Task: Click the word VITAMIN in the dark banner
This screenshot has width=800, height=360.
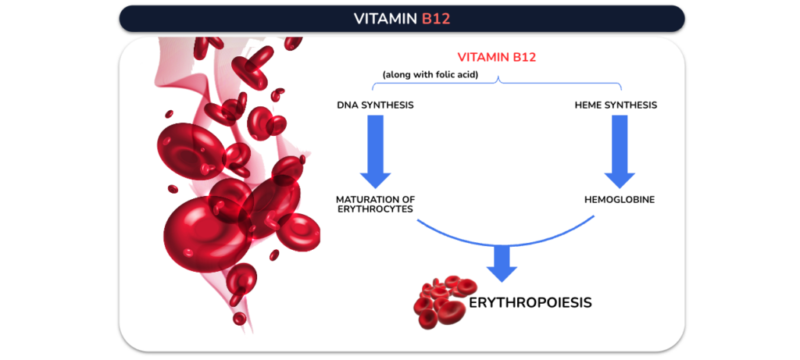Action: pyautogui.click(x=386, y=19)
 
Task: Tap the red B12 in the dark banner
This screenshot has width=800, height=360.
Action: pyautogui.click(x=436, y=19)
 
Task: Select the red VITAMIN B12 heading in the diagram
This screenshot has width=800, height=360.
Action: pyautogui.click(x=497, y=57)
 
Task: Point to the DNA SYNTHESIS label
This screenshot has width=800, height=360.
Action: pyautogui.click(x=375, y=105)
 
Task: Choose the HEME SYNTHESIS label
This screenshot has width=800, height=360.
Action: pyautogui.click(x=616, y=105)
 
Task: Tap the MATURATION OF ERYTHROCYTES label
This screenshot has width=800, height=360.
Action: pyautogui.click(x=375, y=204)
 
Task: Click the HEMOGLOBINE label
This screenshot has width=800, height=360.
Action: pyautogui.click(x=620, y=199)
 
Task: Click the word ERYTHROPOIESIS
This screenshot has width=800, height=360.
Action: pyautogui.click(x=530, y=302)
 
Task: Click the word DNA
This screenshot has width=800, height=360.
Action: pyautogui.click(x=346, y=105)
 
